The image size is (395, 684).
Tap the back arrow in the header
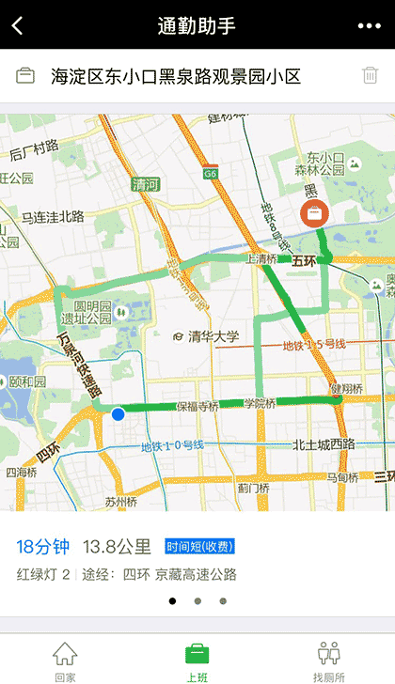pyautogui.click(x=17, y=25)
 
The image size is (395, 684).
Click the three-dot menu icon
pyautogui.click(x=370, y=25)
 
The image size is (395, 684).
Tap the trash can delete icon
pyautogui.click(x=370, y=76)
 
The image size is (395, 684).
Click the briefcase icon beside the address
pyautogui.click(x=25, y=76)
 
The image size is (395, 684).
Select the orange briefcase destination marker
pyautogui.click(x=313, y=213)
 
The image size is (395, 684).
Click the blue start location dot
pyautogui.click(x=118, y=413)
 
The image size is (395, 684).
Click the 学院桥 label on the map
pyautogui.click(x=259, y=403)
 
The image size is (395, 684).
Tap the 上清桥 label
pyautogui.click(x=261, y=258)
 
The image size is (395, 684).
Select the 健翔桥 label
pyautogui.click(x=345, y=388)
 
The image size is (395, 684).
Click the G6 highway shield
pyautogui.click(x=210, y=173)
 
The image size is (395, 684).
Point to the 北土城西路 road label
pyautogui.click(x=323, y=444)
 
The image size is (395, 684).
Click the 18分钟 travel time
pyautogui.click(x=43, y=546)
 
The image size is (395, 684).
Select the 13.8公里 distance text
pyautogui.click(x=118, y=546)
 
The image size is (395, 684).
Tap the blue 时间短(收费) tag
pyautogui.click(x=199, y=547)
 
